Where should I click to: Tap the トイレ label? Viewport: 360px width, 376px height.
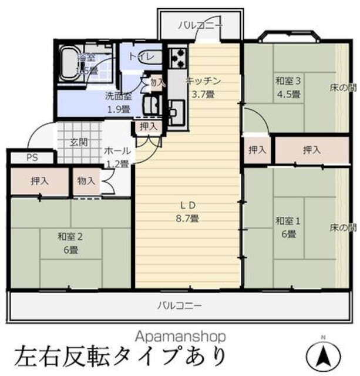tap(141, 57)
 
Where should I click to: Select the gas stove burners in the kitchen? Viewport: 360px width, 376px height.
tap(177, 58)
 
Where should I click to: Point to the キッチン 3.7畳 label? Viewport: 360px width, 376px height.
tap(203, 87)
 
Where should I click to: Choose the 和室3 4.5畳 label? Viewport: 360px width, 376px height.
tap(288, 88)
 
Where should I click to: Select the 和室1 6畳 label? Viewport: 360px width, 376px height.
tap(288, 227)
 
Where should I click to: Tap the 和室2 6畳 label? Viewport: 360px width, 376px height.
tap(70, 243)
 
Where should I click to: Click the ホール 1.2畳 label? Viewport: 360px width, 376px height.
tap(119, 157)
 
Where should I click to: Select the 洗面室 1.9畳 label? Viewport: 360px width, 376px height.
tap(118, 102)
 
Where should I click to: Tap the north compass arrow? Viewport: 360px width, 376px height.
tap(322, 354)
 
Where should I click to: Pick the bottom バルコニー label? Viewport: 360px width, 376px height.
tap(179, 305)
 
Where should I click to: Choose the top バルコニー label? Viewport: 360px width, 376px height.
tap(200, 25)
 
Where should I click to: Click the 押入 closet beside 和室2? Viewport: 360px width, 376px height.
tap(40, 181)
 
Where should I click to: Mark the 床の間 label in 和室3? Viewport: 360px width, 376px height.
tap(343, 88)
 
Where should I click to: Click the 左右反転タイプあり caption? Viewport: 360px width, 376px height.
tap(120, 357)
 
